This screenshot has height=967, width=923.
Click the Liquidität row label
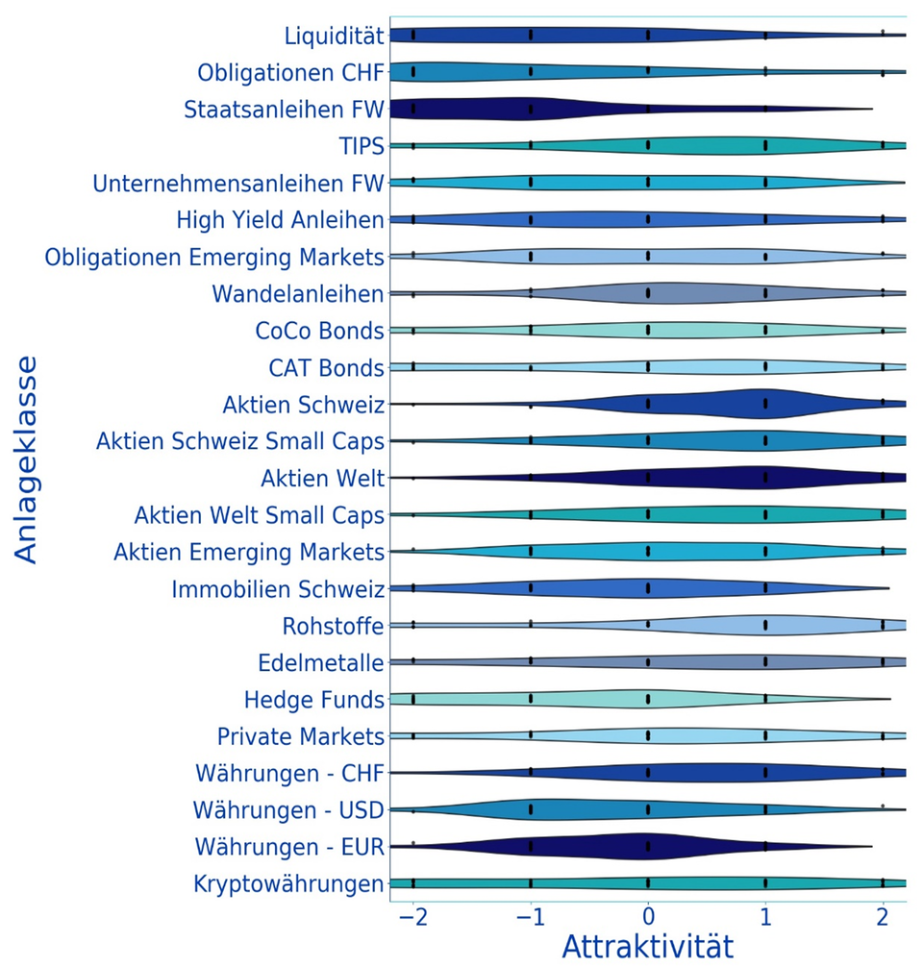coord(335,37)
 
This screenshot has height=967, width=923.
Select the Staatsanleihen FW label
coord(285,110)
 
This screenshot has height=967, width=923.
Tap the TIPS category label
coord(362,146)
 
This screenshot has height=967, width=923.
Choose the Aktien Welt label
coord(323,478)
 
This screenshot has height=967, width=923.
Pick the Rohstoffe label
coord(334,626)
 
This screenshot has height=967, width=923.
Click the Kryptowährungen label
coord(288,883)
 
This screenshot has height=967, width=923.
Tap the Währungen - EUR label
coord(289,847)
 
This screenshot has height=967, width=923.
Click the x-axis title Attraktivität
coord(647,946)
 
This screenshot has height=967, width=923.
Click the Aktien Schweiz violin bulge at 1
coord(765,405)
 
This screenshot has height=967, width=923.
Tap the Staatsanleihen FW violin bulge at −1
coord(530,109)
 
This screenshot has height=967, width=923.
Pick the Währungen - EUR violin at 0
coord(648,847)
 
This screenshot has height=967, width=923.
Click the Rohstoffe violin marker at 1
coord(765,625)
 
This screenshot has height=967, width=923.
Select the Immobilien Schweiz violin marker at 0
coord(648,588)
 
